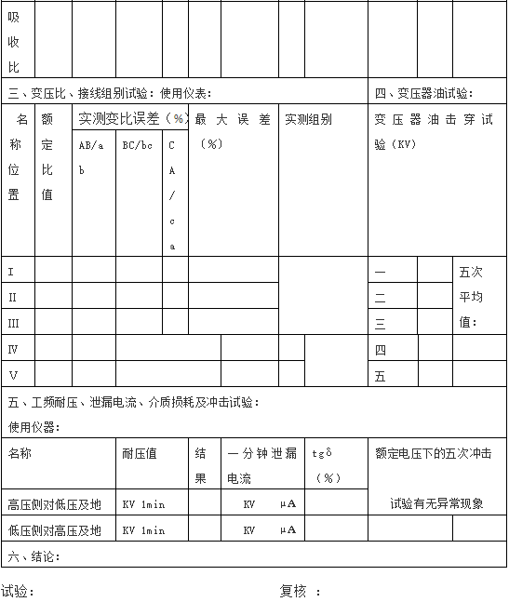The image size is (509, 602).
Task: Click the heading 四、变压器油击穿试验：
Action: (x=423, y=93)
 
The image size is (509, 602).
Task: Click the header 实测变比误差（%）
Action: (x=131, y=119)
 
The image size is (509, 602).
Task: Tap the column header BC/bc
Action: (x=138, y=145)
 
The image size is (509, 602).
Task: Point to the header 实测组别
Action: (x=308, y=119)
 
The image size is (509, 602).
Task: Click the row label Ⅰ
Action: (x=11, y=272)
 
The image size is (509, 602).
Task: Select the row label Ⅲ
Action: (x=13, y=323)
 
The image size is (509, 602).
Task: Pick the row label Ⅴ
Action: (x=13, y=375)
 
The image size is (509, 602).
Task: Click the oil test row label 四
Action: (x=380, y=350)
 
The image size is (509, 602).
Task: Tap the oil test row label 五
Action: (x=380, y=377)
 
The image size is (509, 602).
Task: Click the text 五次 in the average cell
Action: (x=471, y=273)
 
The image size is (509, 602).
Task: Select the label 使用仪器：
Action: (x=33, y=427)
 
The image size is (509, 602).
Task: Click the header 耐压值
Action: (x=140, y=453)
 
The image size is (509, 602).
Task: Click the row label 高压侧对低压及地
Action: (x=54, y=503)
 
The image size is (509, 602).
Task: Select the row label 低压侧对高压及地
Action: (x=54, y=529)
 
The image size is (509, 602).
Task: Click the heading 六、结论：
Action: (x=33, y=556)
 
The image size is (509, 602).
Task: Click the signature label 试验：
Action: (x=19, y=591)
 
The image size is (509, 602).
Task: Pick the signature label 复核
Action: (x=294, y=591)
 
